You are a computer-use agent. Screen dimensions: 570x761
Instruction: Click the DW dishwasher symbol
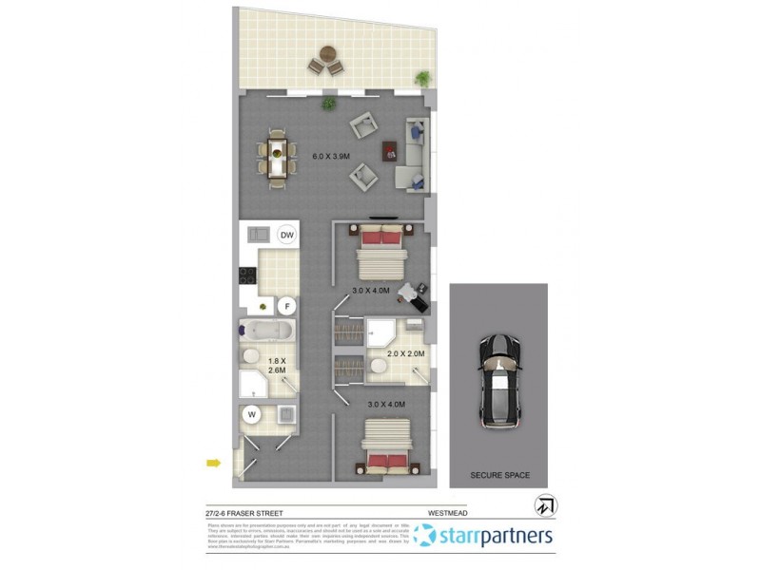click(286, 235)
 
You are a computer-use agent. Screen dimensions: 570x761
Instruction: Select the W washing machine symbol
click(253, 414)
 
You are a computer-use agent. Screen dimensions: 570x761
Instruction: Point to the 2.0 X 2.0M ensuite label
click(404, 354)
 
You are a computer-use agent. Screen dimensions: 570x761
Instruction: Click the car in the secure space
click(498, 378)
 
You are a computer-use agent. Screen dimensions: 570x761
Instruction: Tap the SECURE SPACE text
click(499, 475)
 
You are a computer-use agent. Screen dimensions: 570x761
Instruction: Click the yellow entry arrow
click(214, 464)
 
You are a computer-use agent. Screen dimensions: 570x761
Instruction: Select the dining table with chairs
click(276, 157)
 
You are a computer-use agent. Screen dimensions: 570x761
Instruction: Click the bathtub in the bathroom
click(268, 332)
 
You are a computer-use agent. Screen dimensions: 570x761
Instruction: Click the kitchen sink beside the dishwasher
click(256, 235)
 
